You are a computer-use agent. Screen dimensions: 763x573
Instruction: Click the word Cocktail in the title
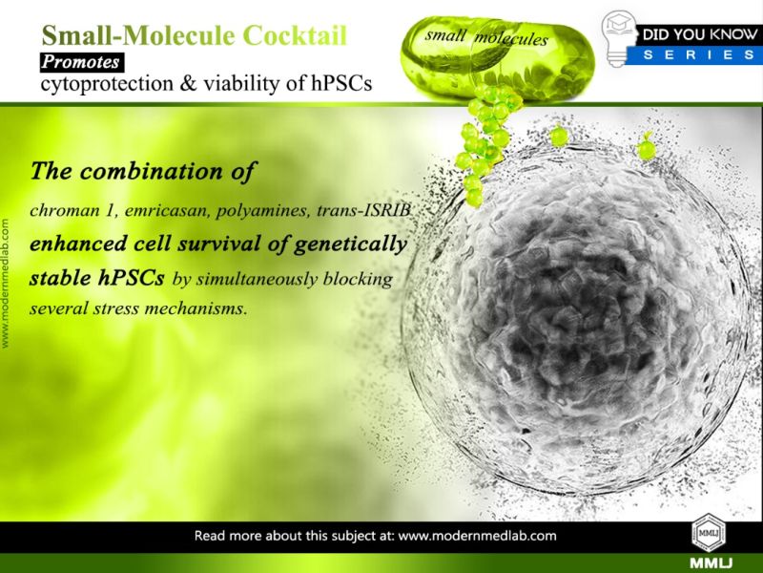[295, 35]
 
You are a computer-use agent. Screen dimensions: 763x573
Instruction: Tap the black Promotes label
[82, 62]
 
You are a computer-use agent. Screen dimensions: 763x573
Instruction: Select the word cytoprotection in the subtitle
[107, 84]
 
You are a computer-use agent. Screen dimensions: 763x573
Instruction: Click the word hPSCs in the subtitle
[341, 83]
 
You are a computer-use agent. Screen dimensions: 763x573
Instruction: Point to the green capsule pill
[497, 58]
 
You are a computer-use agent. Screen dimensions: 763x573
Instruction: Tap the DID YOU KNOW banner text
[700, 34]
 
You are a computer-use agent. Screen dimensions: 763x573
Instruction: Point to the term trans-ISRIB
[363, 210]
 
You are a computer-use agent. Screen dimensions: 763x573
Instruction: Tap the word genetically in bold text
[350, 244]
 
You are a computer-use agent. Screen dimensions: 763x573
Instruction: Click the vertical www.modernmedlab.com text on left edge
[6, 284]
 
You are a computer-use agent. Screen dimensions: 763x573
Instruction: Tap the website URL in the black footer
[478, 536]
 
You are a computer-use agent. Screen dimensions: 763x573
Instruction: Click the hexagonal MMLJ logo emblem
[709, 532]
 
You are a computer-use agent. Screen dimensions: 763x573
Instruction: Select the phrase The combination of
[142, 171]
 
